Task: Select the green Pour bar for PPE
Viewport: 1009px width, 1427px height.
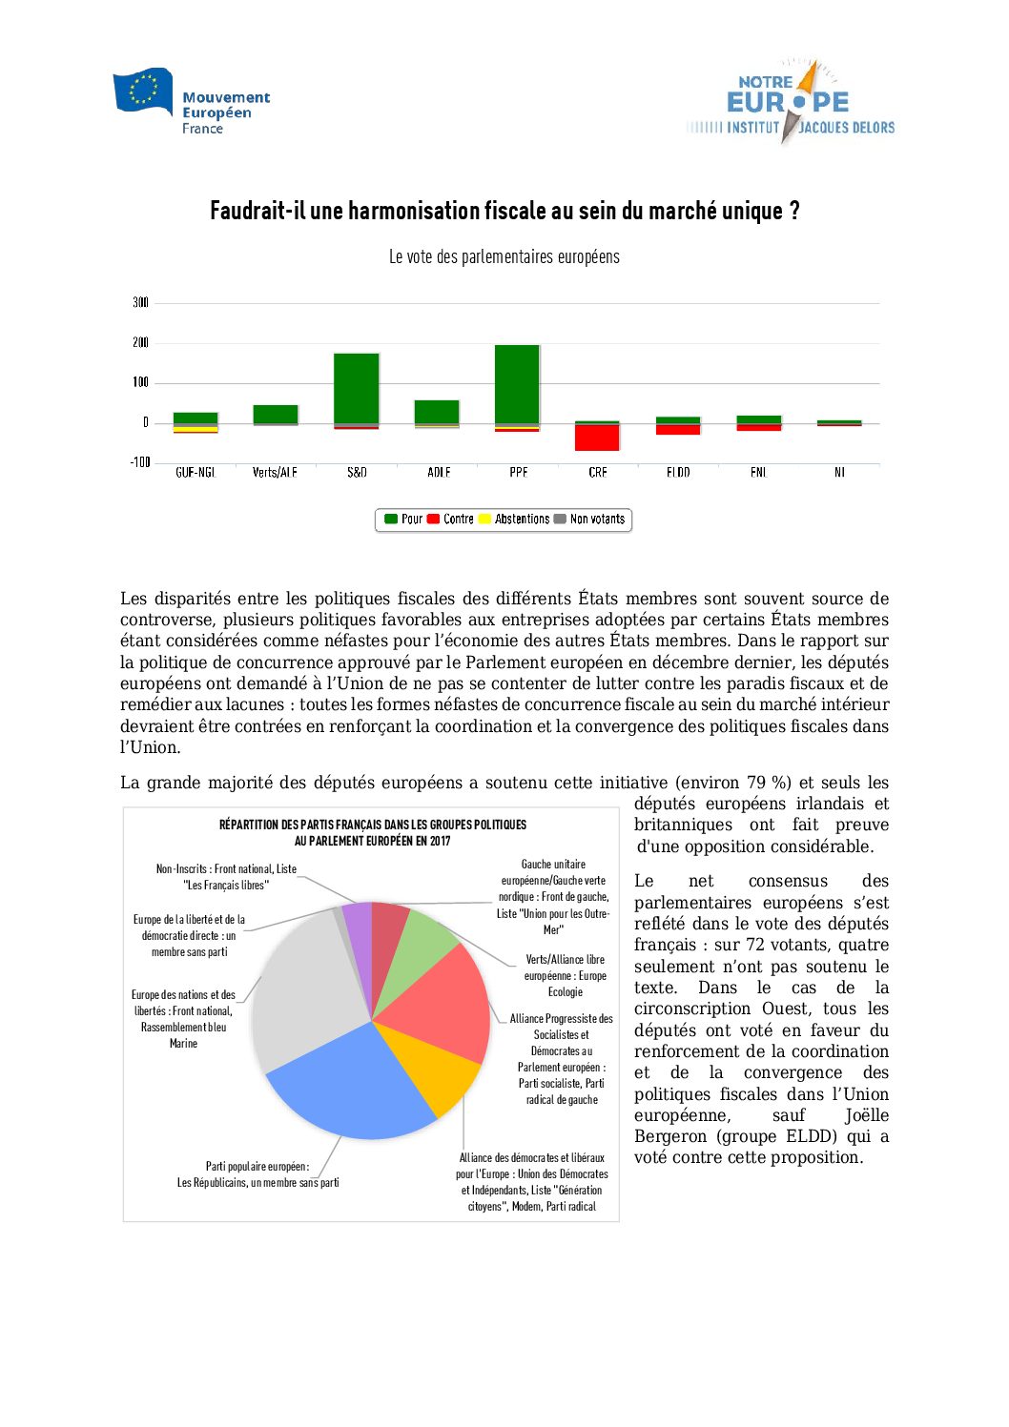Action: pyautogui.click(x=517, y=383)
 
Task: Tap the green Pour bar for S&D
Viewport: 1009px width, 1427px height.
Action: pyautogui.click(x=357, y=387)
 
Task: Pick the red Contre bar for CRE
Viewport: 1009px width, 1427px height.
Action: pyautogui.click(x=597, y=438)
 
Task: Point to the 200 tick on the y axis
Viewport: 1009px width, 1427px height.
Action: pyautogui.click(x=140, y=342)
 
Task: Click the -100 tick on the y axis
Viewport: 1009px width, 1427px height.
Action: pyautogui.click(x=140, y=462)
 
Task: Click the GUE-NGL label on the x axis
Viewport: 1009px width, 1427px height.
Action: pyautogui.click(x=196, y=473)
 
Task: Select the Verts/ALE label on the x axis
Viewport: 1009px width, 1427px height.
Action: pyautogui.click(x=275, y=473)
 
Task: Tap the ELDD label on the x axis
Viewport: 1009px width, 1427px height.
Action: pyautogui.click(x=678, y=473)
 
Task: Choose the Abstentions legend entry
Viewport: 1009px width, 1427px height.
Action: pyautogui.click(x=514, y=520)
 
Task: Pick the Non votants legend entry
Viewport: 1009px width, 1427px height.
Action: pyautogui.click(x=589, y=520)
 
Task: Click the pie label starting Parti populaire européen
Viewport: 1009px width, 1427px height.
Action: pyautogui.click(x=257, y=1174)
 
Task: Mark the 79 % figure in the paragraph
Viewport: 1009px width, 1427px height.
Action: pyautogui.click(x=769, y=783)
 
